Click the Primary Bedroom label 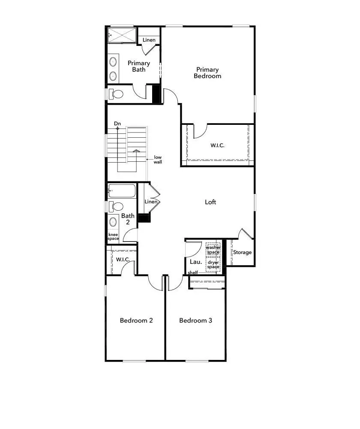207,73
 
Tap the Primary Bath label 138,66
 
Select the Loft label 210,202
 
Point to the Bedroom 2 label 136,320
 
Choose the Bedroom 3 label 195,320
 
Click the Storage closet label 242,252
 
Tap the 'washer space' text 213,250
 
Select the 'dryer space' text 213,264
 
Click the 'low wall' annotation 158,160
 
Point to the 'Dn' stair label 117,124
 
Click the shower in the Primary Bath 121,35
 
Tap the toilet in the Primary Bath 116,94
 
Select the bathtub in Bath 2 122,190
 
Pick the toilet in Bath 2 116,207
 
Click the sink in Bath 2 113,222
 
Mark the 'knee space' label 113,236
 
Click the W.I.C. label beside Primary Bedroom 217,145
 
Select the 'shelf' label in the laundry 193,273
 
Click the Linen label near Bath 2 150,202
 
